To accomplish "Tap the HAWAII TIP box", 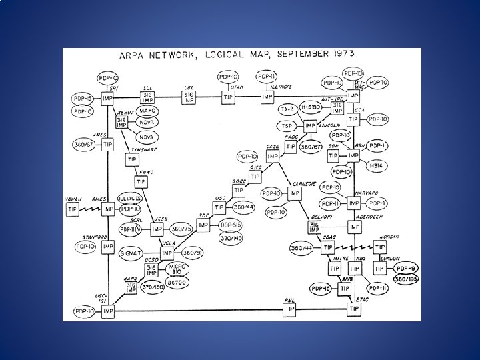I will pos(72,209).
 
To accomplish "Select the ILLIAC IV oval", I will pos(129,198).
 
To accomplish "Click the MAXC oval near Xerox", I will pos(148,111).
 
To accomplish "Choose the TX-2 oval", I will pos(287,109).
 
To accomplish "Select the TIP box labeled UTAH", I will pos(228,97).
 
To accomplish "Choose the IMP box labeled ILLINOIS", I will pos(267,97).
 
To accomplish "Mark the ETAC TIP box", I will pos(353,310).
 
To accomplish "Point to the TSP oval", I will pos(288,126).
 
